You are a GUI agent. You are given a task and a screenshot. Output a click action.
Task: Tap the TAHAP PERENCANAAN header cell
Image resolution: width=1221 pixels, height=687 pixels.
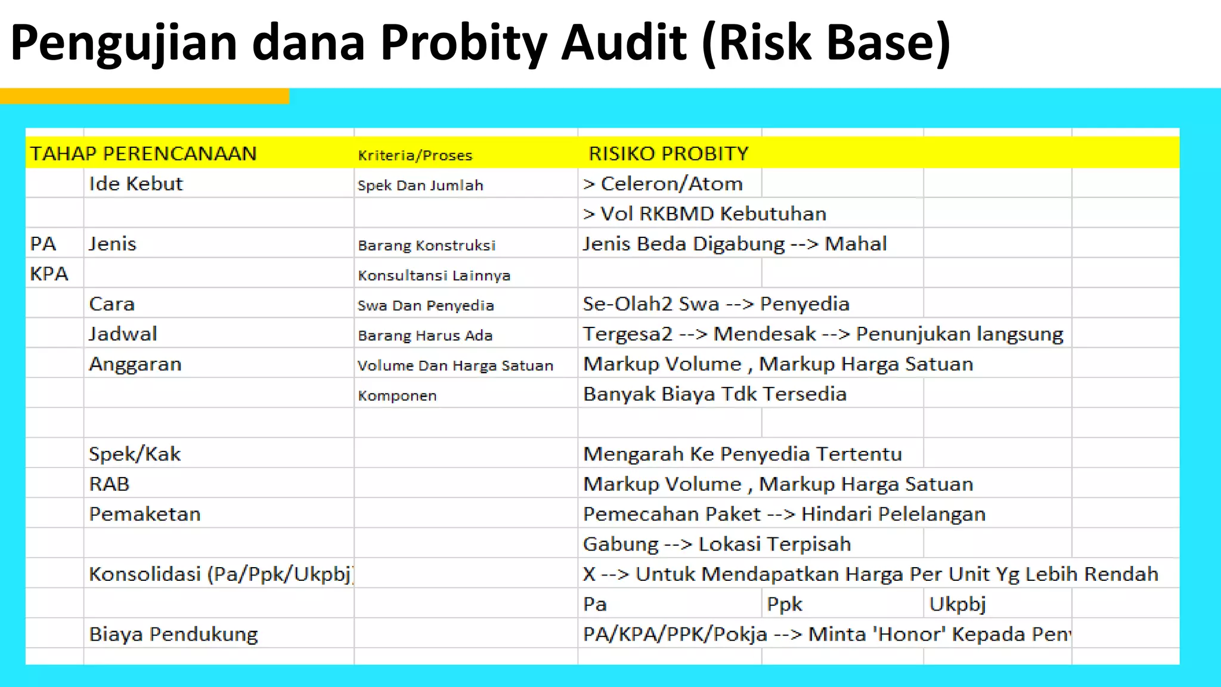(143, 154)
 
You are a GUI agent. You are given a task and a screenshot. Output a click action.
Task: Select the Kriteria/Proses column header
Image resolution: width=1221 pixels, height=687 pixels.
(415, 156)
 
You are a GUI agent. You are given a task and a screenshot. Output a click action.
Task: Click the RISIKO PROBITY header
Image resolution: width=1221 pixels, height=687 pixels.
(668, 154)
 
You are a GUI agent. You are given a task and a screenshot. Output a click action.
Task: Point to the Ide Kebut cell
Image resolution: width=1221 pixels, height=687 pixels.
(136, 184)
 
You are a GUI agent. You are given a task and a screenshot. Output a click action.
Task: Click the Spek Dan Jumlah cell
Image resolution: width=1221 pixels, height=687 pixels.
(420, 185)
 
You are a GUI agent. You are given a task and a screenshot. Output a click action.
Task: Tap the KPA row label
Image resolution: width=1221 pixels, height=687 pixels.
(49, 274)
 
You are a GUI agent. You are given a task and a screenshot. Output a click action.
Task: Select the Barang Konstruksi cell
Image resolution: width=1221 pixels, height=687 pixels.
(427, 245)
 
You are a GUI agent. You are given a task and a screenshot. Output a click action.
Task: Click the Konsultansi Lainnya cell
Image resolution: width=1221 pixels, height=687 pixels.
(434, 276)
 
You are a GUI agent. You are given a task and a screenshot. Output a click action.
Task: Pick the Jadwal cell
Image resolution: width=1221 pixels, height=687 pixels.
(123, 334)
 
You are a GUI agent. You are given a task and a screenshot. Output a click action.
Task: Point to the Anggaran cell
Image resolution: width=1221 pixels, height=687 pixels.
(135, 364)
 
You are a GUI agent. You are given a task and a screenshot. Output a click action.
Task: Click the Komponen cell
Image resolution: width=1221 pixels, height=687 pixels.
(397, 395)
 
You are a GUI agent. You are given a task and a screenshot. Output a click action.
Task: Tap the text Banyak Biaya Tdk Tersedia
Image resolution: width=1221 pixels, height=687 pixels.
(715, 394)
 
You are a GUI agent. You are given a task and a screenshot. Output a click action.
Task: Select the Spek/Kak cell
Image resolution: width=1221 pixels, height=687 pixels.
(135, 454)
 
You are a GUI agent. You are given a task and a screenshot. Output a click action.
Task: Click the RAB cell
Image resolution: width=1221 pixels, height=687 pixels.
(109, 484)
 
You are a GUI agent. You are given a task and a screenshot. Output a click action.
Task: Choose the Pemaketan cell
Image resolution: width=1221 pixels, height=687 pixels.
(145, 514)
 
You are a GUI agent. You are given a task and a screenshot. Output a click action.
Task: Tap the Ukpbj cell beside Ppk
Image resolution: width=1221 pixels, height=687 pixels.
(957, 604)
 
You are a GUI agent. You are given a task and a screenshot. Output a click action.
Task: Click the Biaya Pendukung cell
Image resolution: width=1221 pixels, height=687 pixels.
(173, 634)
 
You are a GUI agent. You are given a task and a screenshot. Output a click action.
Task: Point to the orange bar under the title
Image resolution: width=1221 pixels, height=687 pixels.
(144, 96)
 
